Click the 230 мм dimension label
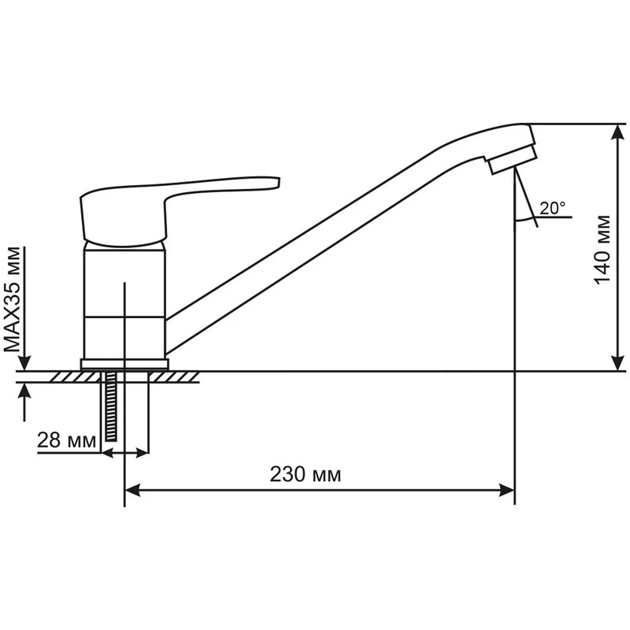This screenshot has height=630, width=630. point(305,475)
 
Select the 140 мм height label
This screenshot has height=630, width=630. point(602,250)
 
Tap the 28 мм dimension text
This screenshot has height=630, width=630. point(67,440)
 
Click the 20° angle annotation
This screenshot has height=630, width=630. point(552,208)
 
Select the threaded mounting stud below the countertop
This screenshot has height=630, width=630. point(109,406)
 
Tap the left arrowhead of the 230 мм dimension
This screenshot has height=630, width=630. point(132,491)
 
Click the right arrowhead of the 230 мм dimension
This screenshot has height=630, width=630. point(507,491)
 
